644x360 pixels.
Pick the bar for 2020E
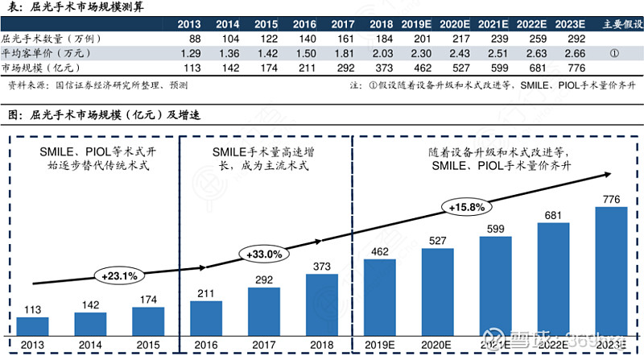pos(437,292)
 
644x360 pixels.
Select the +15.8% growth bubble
pos(464,207)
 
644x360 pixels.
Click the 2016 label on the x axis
pos(206,344)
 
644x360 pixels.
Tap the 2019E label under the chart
pos(379,344)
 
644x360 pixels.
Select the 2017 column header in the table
pos(343,24)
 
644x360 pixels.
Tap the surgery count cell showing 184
pos(382,39)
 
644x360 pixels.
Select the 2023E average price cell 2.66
pos(575,53)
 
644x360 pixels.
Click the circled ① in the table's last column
pos(615,54)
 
